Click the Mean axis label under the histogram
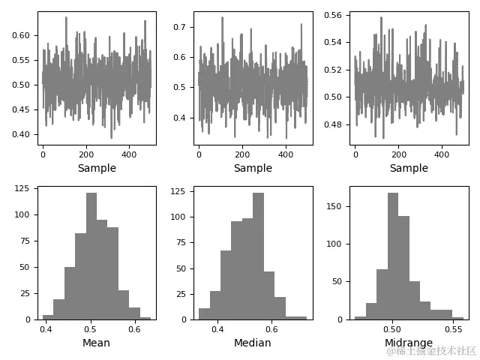coord(96,343)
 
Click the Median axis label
coord(253,343)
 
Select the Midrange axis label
coord(409,343)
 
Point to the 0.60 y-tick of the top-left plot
coord(22,35)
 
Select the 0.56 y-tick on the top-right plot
coord(335,15)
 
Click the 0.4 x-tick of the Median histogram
coord(217,328)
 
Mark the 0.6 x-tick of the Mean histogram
coord(134,328)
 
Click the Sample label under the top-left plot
coord(97,168)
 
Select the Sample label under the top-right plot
coord(409,168)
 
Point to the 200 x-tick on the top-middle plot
coord(242,154)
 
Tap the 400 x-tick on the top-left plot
coord(130,154)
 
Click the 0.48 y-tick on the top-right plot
coord(335,124)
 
